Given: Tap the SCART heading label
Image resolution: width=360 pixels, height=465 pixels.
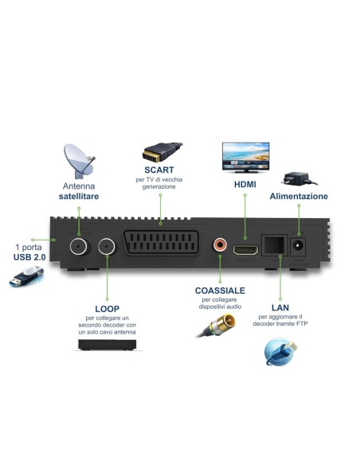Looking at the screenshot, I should coord(159,170).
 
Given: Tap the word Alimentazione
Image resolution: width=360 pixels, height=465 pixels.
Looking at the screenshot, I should coord(299,196).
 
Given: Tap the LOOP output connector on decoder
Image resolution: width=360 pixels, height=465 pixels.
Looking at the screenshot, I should coord(107,246).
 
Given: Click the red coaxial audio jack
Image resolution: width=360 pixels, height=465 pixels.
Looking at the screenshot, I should coord(219,245).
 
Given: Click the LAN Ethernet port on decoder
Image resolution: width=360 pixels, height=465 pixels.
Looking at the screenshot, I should coord(275,246).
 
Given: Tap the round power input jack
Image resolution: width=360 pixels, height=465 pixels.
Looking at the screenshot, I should coord(300,246).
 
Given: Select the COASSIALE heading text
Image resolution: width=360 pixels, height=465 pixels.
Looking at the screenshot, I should coord(218,291).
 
